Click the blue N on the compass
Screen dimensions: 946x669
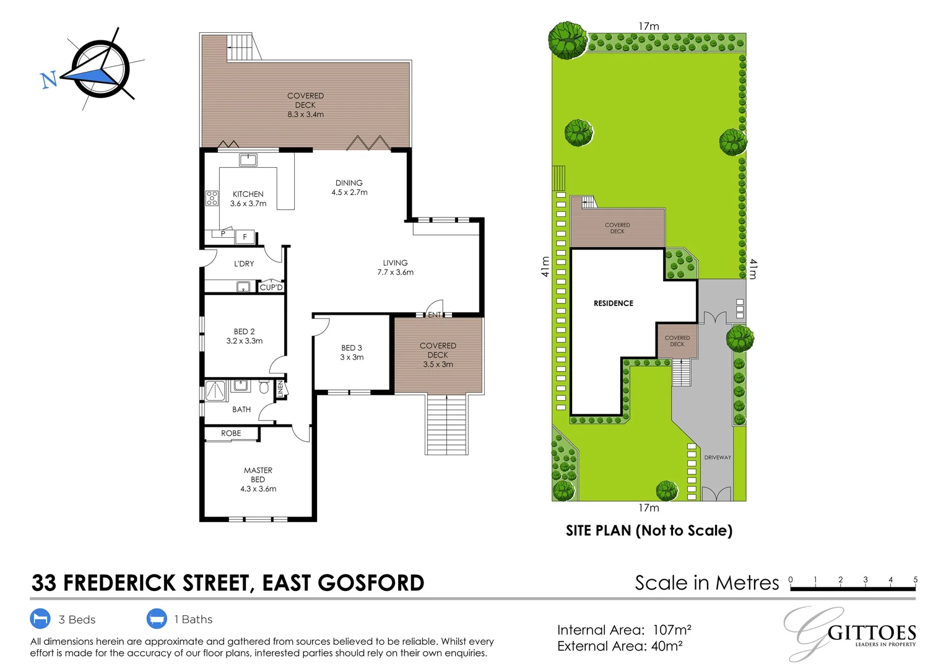pos(49,81)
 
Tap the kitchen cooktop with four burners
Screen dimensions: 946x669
pos(212,198)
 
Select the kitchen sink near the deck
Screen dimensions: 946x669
pos(248,160)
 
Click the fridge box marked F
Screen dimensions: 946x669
pos(245,237)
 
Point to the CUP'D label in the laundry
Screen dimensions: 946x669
pos(271,287)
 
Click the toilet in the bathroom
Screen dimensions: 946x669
pos(264,387)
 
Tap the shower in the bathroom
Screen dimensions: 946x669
pos(217,390)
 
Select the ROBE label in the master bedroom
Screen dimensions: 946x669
pos(231,433)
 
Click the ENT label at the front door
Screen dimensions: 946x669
pos(434,315)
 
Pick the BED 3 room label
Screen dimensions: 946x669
pos(352,348)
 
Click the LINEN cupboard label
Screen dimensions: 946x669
pos(280,389)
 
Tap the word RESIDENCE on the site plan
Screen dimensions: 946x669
pos(613,303)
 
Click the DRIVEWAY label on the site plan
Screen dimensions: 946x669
pos(718,457)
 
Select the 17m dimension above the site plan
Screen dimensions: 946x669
pos(649,26)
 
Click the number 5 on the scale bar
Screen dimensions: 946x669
pos(915,579)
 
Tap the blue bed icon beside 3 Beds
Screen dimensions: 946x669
pos(40,619)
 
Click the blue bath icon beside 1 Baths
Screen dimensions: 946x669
pos(157,619)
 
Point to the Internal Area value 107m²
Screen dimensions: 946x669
pos(672,630)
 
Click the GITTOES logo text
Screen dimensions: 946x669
pos(872,634)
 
